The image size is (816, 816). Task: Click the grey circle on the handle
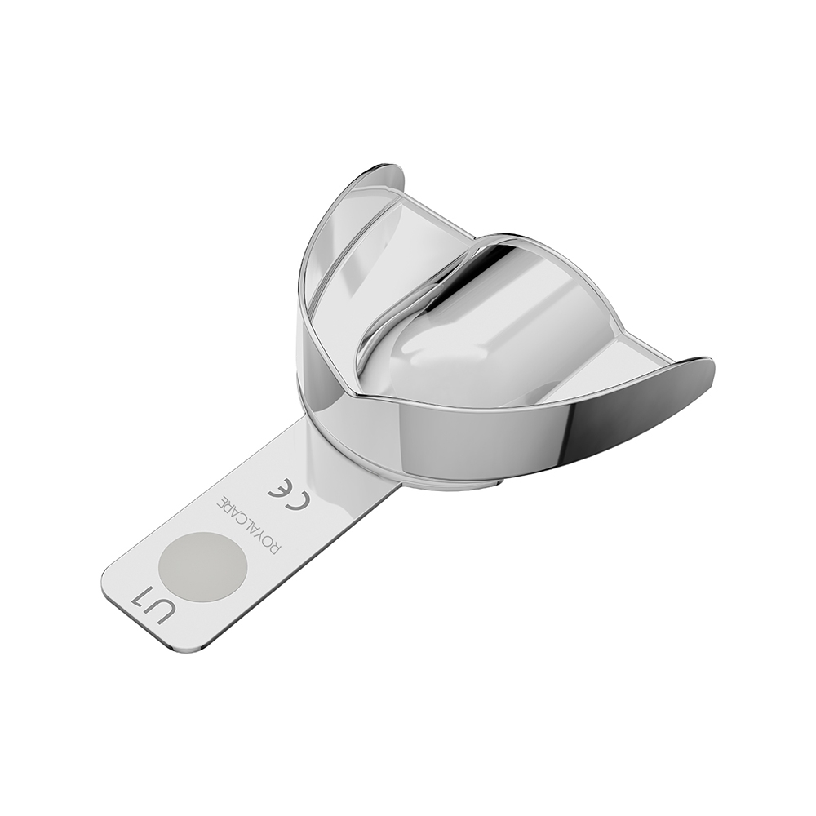coord(202,567)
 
